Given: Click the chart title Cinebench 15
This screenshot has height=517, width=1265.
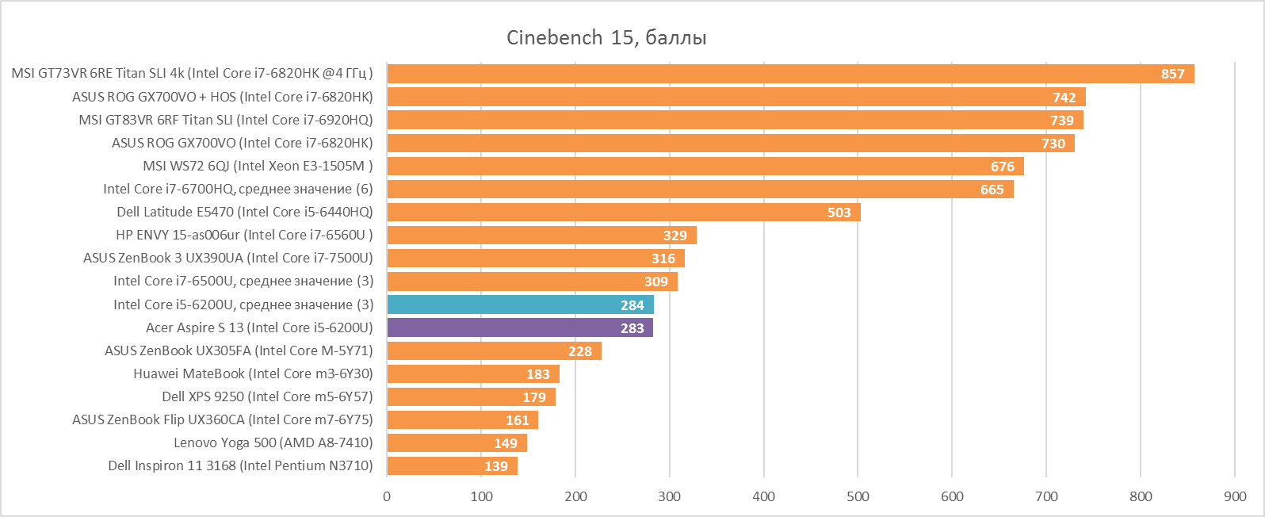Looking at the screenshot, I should [x=606, y=37].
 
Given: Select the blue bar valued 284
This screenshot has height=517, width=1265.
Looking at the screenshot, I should [x=519, y=304].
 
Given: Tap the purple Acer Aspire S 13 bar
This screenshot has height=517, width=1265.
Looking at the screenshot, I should [x=519, y=327].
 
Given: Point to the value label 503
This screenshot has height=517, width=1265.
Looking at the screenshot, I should [x=839, y=213].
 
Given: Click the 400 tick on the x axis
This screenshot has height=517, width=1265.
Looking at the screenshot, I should [x=764, y=496].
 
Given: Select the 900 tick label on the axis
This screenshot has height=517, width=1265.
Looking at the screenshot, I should [x=1235, y=496].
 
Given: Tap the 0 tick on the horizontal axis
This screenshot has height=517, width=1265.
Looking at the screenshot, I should [x=387, y=496].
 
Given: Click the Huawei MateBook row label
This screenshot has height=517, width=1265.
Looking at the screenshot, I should [x=253, y=373].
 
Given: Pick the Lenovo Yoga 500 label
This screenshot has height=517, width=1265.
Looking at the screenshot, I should [x=273, y=442].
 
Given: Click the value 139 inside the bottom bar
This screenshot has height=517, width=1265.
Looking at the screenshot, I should [x=496, y=466].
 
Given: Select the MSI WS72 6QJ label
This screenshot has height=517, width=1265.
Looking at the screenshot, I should [x=258, y=166].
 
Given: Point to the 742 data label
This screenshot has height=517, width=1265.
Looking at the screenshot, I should [x=1064, y=98].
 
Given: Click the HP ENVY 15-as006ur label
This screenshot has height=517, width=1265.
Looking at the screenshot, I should [x=244, y=235].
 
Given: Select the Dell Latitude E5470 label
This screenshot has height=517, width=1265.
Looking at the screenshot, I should [x=244, y=212].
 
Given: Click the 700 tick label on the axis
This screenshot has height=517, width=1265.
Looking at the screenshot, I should [x=1046, y=496].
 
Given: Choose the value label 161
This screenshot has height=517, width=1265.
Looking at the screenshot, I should [x=518, y=420].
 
